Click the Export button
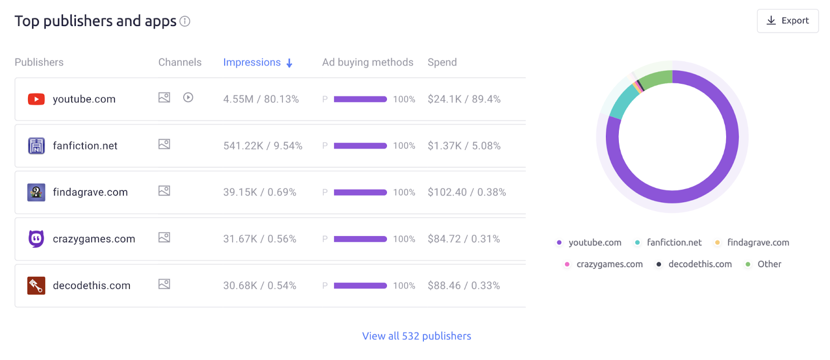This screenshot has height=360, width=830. (787, 21)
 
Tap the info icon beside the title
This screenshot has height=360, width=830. (185, 21)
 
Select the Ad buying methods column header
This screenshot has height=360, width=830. (367, 62)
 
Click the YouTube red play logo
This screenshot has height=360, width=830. (36, 99)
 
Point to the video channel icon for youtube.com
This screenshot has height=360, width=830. (188, 98)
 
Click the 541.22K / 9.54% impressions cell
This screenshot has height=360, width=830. (262, 146)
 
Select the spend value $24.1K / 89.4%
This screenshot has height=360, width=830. (464, 99)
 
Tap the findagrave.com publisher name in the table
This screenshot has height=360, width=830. (90, 192)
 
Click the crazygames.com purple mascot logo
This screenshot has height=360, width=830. (36, 239)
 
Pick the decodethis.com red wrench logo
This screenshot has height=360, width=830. (36, 285)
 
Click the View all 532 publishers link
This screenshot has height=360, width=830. (417, 336)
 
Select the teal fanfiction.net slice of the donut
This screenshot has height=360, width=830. (622, 102)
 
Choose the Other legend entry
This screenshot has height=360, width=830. (769, 264)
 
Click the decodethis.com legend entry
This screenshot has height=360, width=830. (699, 264)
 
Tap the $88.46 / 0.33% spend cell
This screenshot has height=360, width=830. (464, 286)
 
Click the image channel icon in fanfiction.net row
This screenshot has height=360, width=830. (164, 144)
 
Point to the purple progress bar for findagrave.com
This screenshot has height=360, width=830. (360, 192)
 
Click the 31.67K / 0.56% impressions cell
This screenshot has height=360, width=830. (259, 239)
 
